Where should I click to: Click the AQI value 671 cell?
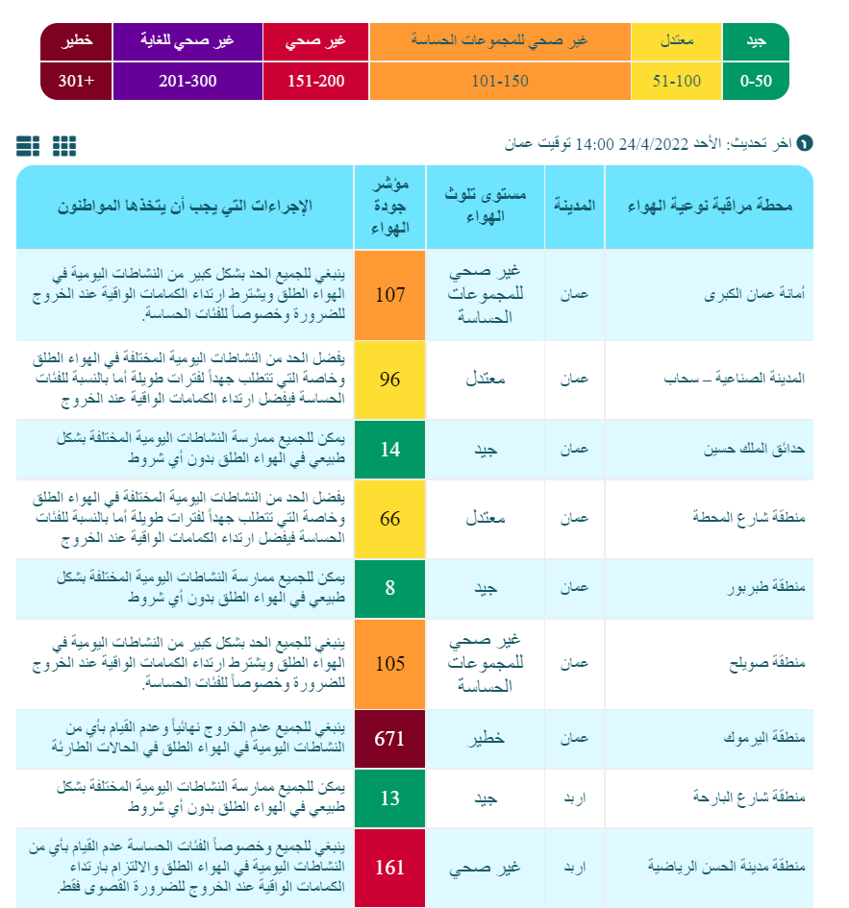click(390, 739)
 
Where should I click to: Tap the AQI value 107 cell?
click(390, 295)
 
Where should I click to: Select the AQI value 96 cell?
click(390, 380)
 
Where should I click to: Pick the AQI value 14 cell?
click(390, 449)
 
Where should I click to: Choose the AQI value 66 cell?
click(390, 519)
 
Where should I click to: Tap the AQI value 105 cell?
click(390, 664)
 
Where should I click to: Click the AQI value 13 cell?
click(390, 798)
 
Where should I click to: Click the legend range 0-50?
click(756, 81)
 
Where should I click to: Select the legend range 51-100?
click(677, 81)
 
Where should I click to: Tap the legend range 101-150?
click(500, 81)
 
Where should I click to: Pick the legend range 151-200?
click(316, 81)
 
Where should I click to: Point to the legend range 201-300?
click(188, 81)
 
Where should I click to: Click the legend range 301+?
click(77, 81)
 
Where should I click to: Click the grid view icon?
click(64, 145)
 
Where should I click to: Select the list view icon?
click(28, 145)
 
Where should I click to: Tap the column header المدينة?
click(575, 207)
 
